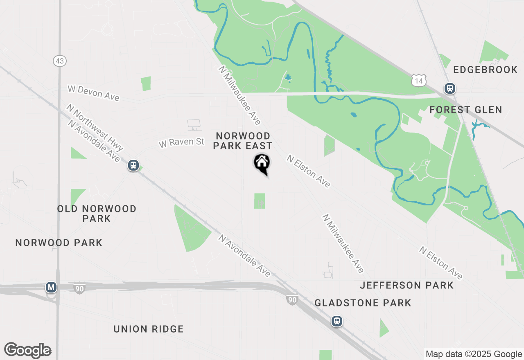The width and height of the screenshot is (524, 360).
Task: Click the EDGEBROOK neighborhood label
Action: [x=486, y=70]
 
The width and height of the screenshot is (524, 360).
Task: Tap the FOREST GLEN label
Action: [x=466, y=110]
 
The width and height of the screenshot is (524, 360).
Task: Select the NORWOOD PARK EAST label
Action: [x=243, y=141]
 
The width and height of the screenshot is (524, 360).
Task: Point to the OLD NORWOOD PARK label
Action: [x=97, y=214]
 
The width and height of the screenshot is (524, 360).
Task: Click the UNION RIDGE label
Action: [x=149, y=329]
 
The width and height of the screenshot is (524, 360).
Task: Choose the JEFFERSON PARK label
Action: [x=407, y=285]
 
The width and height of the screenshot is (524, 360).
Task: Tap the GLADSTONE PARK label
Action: [x=363, y=303]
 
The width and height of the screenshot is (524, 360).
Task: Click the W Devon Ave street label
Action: [x=94, y=93]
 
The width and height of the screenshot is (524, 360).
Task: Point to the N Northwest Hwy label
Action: [x=95, y=127]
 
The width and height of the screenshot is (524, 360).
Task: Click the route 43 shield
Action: [x=59, y=61]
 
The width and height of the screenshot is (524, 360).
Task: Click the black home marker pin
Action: [x=262, y=163]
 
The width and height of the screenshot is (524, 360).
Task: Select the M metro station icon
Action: [x=51, y=288]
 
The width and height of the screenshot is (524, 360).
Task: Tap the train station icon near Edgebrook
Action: [x=450, y=88]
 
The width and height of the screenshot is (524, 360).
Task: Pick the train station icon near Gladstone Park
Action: [x=337, y=321]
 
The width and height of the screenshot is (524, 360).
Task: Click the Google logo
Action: [x=28, y=351]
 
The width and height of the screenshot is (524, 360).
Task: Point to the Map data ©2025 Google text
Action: [x=474, y=354]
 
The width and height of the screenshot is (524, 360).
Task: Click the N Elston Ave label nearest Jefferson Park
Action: [x=440, y=263]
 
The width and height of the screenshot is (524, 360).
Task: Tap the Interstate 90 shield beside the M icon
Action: [x=80, y=289]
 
